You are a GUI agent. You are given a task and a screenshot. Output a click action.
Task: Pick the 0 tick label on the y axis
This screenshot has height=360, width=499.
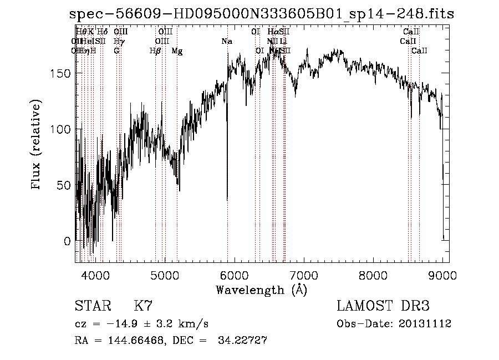pyautogui.click(x=67, y=241)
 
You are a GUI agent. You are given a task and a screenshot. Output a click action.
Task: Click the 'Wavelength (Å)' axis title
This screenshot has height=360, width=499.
pyautogui.click(x=262, y=290)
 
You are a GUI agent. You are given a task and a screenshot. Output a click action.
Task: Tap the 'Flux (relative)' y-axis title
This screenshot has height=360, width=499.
pyautogui.click(x=37, y=146)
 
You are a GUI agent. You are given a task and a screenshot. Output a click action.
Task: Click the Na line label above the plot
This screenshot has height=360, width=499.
pyautogui.click(x=226, y=41)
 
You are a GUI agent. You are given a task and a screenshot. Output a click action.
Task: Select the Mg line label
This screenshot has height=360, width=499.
pyautogui.click(x=177, y=51)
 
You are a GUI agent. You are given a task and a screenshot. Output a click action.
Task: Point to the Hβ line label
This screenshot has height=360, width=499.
pyautogui.click(x=155, y=51)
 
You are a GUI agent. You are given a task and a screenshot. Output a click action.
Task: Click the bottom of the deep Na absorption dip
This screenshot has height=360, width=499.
pyautogui.click(x=227, y=199)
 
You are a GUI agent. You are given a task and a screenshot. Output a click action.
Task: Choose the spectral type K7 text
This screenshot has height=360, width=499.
pyautogui.click(x=143, y=306)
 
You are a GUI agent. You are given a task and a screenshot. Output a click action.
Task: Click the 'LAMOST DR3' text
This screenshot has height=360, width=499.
pyautogui.click(x=383, y=306)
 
